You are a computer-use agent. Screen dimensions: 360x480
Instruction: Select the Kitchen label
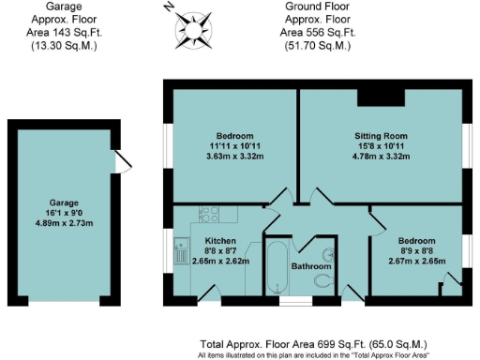coord(220,241)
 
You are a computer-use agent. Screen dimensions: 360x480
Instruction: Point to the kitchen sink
coord(181,251)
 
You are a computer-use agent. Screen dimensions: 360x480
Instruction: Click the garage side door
coord(120,163)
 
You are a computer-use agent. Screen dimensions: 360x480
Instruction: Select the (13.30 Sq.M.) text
coord(65,43)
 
